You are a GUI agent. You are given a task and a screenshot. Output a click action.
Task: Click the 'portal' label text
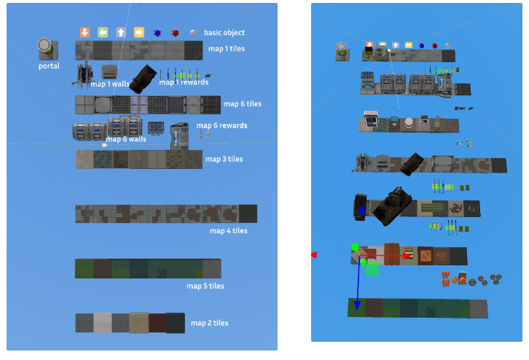(x=49, y=66)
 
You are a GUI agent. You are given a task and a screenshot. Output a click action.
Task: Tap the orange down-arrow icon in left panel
(x=85, y=32)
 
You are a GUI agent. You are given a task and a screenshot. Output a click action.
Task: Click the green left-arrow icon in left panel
(x=103, y=32)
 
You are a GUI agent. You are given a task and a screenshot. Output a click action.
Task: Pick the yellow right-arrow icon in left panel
(x=138, y=32)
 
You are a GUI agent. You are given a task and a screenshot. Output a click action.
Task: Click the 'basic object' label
(x=224, y=33)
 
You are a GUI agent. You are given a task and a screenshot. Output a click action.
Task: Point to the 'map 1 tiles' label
(x=226, y=49)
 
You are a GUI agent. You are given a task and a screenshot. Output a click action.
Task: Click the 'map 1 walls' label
(x=110, y=85)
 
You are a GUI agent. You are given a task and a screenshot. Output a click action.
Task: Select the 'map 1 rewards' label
(x=184, y=82)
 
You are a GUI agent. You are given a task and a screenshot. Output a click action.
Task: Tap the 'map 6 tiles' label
(x=242, y=104)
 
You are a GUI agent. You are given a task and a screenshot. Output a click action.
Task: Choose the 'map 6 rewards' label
(x=224, y=125)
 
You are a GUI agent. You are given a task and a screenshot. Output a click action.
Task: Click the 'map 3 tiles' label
(x=224, y=159)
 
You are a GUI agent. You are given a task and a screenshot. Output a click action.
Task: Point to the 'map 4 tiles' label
(x=229, y=231)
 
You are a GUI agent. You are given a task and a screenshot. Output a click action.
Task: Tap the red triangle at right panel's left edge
(x=314, y=254)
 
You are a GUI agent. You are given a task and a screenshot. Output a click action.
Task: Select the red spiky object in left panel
(x=174, y=33)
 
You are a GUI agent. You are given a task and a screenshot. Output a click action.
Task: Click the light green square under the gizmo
(x=372, y=269)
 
